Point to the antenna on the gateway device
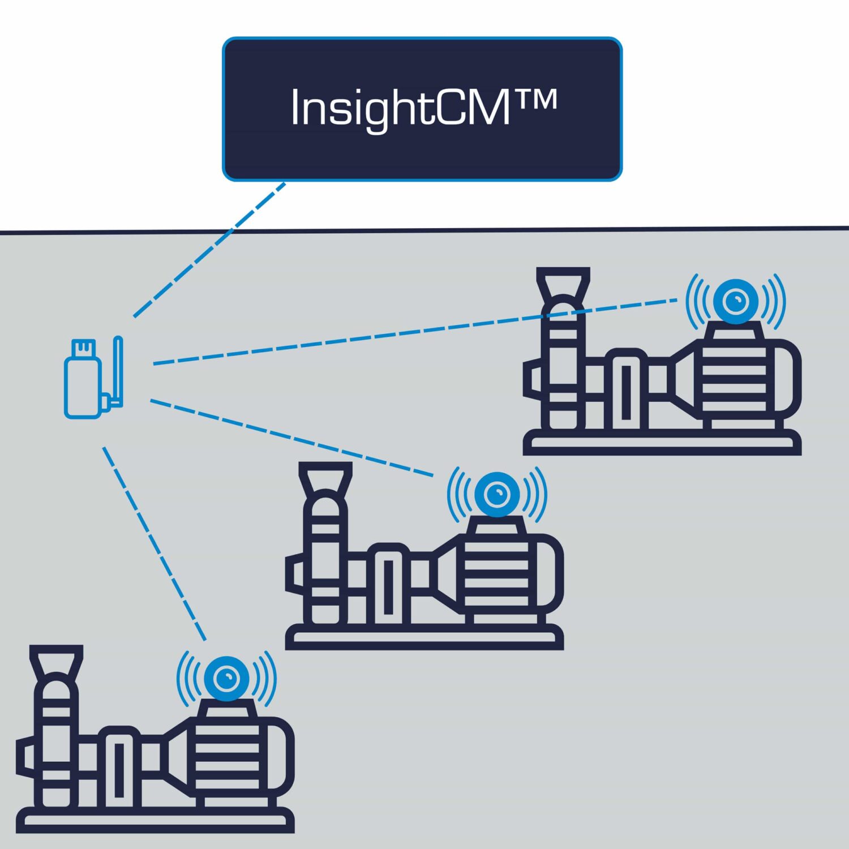click(x=118, y=368)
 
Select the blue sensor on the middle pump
click(x=497, y=494)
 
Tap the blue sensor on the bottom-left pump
click(x=226, y=678)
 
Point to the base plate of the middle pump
click(x=424, y=638)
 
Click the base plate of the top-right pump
click(x=662, y=443)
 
